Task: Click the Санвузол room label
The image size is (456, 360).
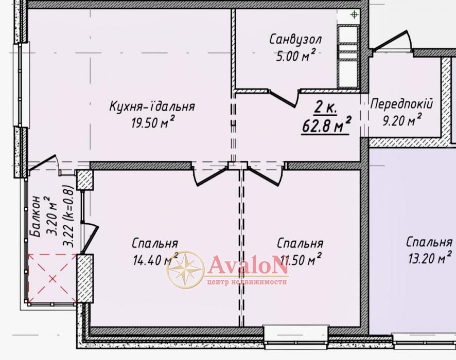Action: (x=295, y=39)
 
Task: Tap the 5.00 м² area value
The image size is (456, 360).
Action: (x=295, y=55)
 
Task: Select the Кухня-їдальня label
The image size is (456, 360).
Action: (x=152, y=106)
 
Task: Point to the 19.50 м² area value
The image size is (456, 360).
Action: (x=153, y=122)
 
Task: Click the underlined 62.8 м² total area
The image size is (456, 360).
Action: (x=326, y=125)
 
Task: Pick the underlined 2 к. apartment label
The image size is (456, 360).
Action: (x=325, y=108)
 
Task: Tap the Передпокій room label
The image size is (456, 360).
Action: (x=401, y=104)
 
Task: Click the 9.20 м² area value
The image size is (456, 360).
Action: (x=401, y=119)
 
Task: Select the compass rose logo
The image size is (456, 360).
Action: (x=185, y=269)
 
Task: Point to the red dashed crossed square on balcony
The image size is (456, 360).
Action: (x=52, y=279)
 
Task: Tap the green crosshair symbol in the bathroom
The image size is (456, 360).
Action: (x=354, y=14)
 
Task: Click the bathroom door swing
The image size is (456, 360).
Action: (x=284, y=98)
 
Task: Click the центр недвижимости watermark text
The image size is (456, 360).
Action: (x=247, y=282)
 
